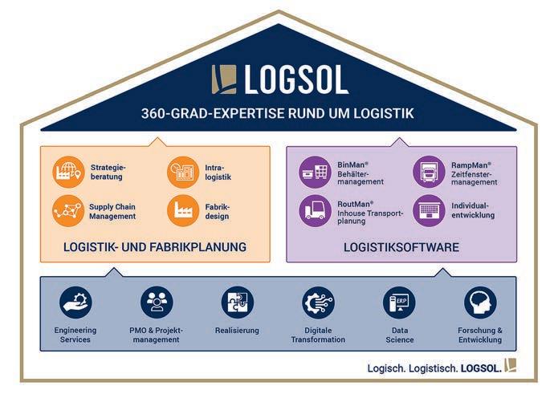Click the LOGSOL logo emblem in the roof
pos(225,79)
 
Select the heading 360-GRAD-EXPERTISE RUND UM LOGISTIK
pos(277,113)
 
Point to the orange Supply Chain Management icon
pos(68,210)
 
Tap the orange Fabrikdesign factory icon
pos(182,210)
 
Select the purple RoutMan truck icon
pos(315,210)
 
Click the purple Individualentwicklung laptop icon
pos(429,210)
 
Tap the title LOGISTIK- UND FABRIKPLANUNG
pos(155,247)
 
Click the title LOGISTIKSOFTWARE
pos(401,247)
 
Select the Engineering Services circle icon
pos(75,303)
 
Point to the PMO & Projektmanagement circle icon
pos(157,303)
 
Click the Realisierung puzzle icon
pos(237,303)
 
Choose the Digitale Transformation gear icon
pos(318,303)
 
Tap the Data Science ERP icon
pos(399,303)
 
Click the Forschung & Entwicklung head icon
pos(480,303)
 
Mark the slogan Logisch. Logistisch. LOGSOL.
pos(434,368)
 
